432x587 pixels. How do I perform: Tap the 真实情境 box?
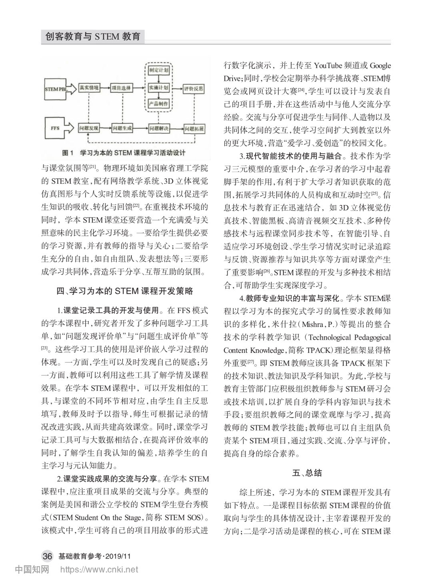[x=89, y=88]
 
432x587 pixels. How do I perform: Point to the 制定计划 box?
[x=158, y=70]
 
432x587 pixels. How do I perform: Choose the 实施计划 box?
[x=158, y=88]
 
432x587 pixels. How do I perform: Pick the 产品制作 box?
[x=158, y=104]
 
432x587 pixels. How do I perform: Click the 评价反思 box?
[x=194, y=88]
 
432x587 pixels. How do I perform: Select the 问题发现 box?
[x=89, y=128]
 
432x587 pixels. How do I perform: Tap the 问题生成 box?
[x=122, y=128]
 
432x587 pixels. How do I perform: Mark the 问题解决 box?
[x=159, y=128]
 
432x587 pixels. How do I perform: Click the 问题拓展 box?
[x=194, y=128]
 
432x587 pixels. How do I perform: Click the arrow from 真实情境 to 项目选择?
[x=105, y=88]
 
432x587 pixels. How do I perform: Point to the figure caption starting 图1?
[x=124, y=153]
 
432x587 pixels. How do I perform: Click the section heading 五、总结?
[x=307, y=473]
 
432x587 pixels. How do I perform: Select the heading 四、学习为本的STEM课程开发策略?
[x=125, y=291]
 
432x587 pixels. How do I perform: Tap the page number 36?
[x=47, y=556]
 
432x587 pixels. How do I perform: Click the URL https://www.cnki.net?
[x=99, y=570]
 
